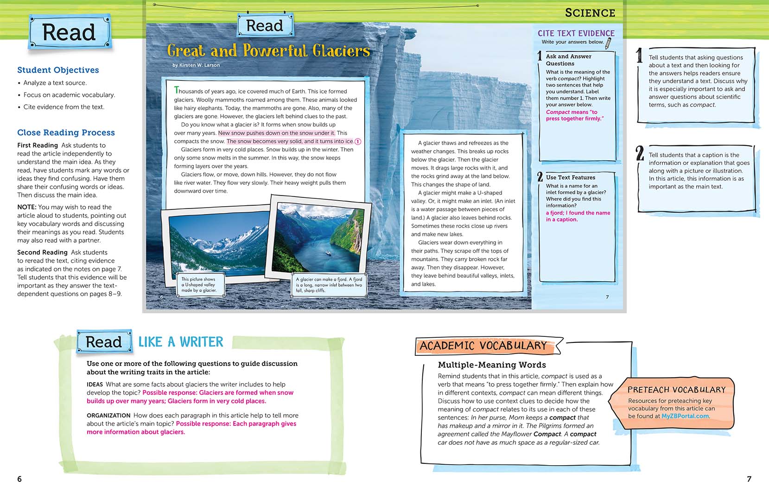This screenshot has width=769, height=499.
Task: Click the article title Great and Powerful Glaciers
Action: tap(268, 51)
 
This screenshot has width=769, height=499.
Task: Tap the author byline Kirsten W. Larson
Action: tap(196, 65)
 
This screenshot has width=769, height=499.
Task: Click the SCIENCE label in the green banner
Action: tap(590, 13)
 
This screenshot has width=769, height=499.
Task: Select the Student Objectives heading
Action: tap(58, 70)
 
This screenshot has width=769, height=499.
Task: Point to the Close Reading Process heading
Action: tap(66, 133)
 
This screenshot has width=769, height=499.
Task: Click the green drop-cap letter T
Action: tap(176, 90)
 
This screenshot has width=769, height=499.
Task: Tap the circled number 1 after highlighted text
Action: tap(358, 141)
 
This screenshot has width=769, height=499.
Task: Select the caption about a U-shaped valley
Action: tap(198, 284)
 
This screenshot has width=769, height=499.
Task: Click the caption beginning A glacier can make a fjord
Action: tap(329, 284)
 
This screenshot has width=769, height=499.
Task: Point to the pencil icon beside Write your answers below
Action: tap(609, 43)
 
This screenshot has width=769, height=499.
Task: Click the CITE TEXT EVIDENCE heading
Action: tap(576, 33)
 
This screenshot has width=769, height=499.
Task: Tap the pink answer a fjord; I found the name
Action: tap(578, 216)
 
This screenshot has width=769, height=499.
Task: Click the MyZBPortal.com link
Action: tap(685, 416)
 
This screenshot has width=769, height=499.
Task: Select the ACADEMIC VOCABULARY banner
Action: tap(483, 346)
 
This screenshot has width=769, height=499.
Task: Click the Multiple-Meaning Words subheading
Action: tap(492, 365)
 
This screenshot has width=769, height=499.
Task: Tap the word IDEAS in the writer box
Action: tap(95, 385)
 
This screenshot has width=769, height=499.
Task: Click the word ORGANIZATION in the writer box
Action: tap(108, 416)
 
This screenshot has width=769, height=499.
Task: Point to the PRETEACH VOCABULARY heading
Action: tap(676, 390)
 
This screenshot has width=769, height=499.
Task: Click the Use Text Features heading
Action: tap(570, 177)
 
